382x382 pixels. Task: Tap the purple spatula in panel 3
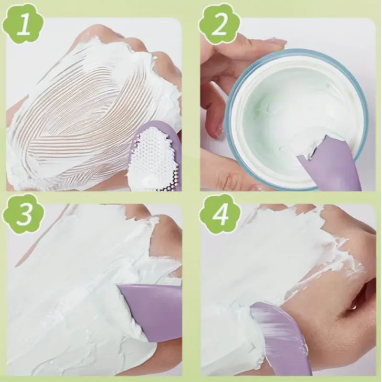click(153, 310)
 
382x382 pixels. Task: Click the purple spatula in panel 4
click(282, 339)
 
